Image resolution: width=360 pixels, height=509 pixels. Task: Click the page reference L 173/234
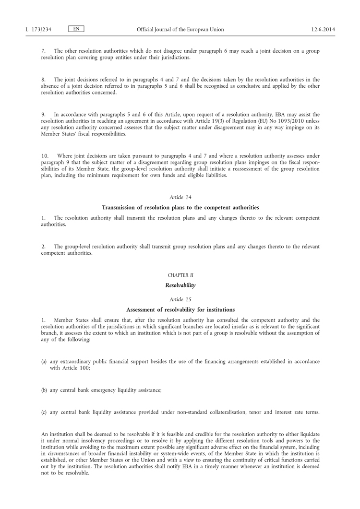point(38,30)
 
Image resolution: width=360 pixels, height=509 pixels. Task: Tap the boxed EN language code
point(76,29)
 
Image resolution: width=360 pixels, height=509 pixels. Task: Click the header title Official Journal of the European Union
point(180,30)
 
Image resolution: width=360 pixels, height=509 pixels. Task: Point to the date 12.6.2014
point(323,30)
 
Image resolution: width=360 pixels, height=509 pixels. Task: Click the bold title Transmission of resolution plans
point(180,207)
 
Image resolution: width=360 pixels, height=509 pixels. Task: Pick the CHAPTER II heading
point(180,275)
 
